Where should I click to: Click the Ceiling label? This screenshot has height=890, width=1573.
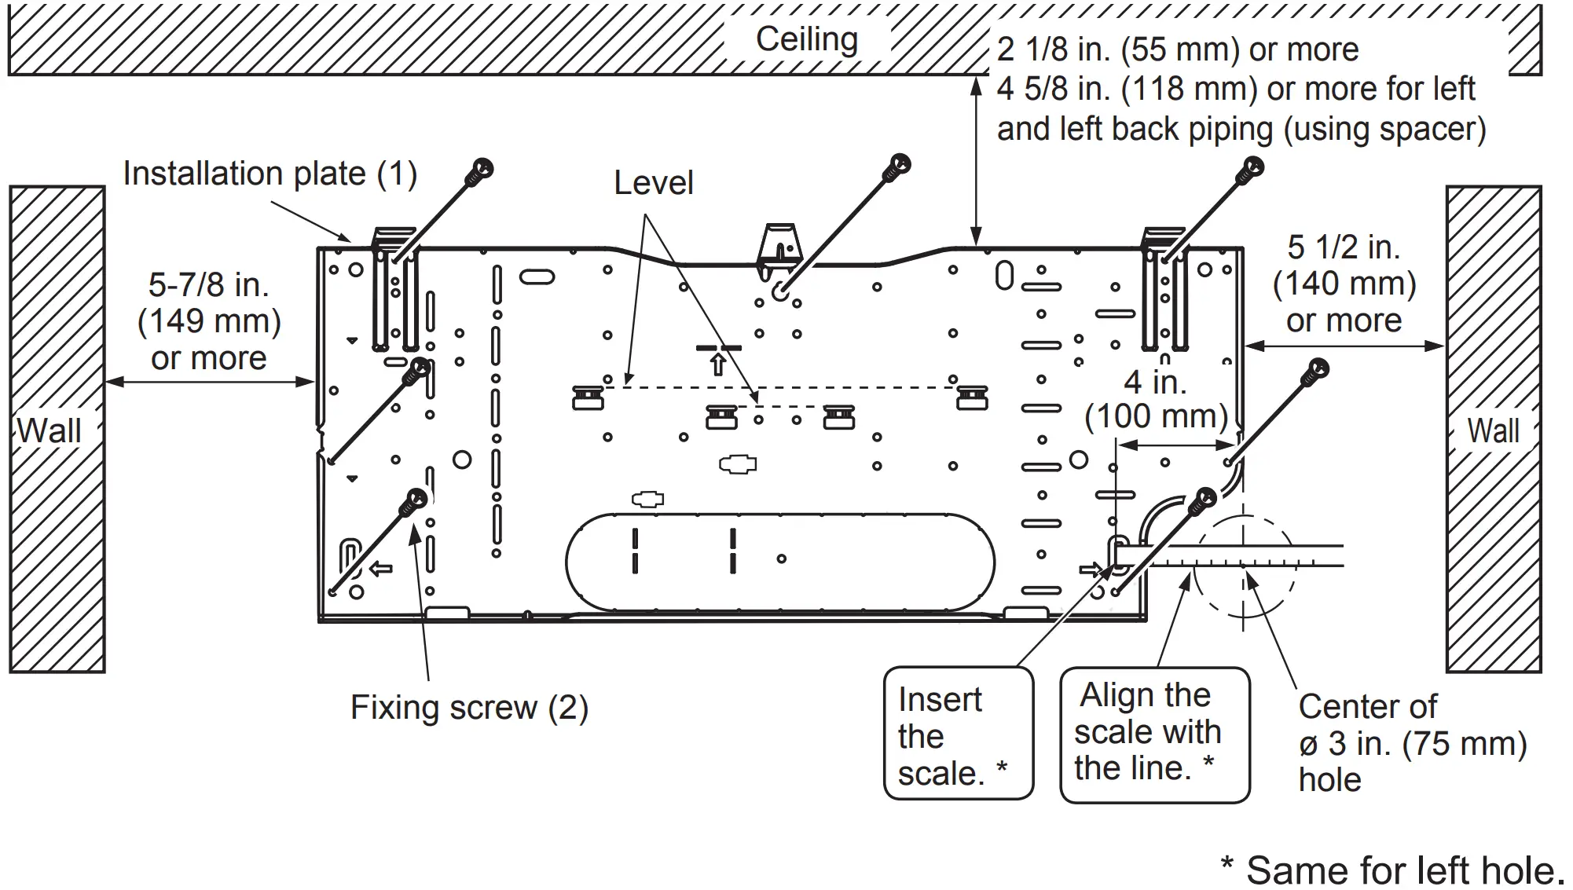tap(806, 39)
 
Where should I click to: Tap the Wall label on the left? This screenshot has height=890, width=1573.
tap(49, 431)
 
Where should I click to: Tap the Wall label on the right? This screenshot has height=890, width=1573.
tap(1493, 431)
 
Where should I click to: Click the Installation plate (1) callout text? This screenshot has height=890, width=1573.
tap(269, 174)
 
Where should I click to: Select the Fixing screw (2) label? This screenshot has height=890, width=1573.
tap(469, 708)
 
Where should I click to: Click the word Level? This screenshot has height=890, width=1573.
tap(653, 184)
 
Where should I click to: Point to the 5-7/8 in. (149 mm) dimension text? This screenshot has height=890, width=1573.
tap(209, 321)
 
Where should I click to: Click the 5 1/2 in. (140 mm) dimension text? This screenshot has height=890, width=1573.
tap(1344, 284)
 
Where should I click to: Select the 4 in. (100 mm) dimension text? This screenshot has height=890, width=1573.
tap(1155, 400)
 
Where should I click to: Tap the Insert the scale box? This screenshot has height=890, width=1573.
tap(958, 734)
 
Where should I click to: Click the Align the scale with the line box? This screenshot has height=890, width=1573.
tap(1154, 734)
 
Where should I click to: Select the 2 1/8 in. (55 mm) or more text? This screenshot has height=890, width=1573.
tap(1177, 50)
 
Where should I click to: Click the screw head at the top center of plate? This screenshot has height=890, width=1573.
tap(897, 167)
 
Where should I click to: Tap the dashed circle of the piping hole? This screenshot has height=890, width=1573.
tap(1243, 566)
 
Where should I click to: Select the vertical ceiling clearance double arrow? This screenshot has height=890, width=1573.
tap(976, 161)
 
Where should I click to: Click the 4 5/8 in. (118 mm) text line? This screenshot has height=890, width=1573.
tap(1235, 90)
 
